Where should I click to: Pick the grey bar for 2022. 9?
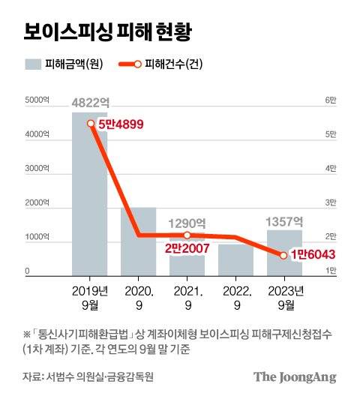pos(235,259)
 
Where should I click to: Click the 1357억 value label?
pos(284,221)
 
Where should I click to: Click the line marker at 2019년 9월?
pos(90,124)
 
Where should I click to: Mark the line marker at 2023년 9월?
pos(283,255)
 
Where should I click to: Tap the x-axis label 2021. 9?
pos(187,297)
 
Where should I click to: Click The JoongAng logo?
pos(294,377)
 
